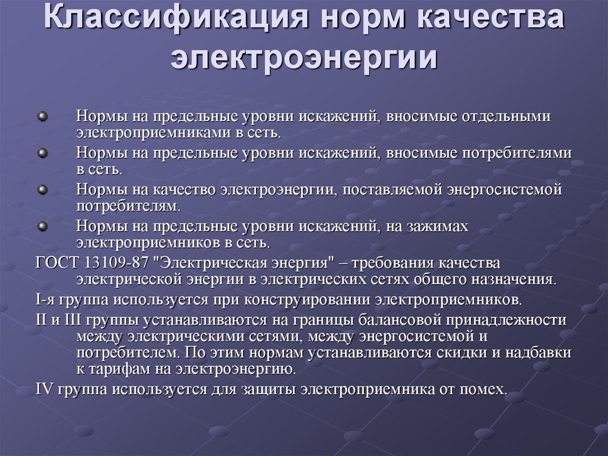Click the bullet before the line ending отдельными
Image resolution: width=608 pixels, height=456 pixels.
43,117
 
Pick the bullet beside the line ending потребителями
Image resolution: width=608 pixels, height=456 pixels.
43,153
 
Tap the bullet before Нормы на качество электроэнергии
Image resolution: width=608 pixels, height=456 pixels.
43,190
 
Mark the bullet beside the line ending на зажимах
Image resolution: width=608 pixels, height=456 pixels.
43,226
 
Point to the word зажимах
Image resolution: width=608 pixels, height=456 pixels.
438,226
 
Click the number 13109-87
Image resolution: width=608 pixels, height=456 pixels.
116,263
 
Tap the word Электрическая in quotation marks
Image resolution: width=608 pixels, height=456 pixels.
205,263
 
